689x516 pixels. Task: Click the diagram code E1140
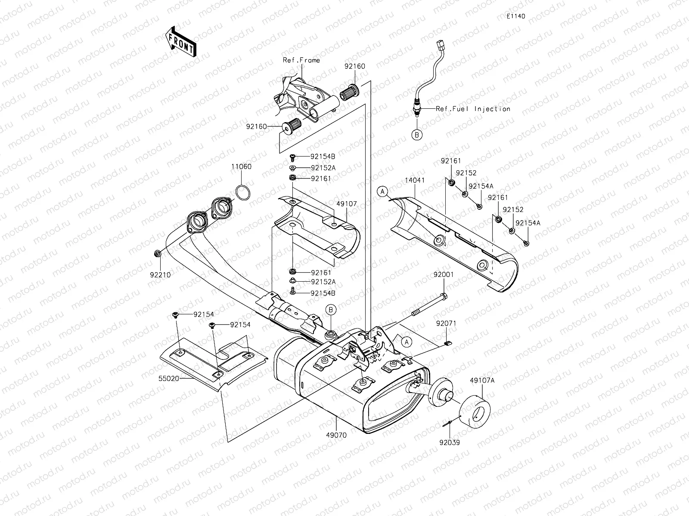pyautogui.click(x=516, y=16)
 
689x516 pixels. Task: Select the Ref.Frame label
pyautogui.click(x=301, y=60)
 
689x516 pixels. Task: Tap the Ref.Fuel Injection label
pyautogui.click(x=473, y=109)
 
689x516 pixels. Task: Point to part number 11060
pyautogui.click(x=242, y=167)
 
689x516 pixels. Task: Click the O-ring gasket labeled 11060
pyautogui.click(x=243, y=193)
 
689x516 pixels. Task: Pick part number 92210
pyautogui.click(x=160, y=275)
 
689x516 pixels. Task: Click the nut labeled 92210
pyautogui.click(x=158, y=253)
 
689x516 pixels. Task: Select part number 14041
pyautogui.click(x=415, y=181)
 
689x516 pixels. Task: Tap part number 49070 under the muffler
pyautogui.click(x=336, y=435)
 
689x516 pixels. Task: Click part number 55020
pyautogui.click(x=168, y=378)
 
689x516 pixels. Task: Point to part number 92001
pyautogui.click(x=444, y=274)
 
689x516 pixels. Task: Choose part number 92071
pyautogui.click(x=446, y=323)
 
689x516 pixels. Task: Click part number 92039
pyautogui.click(x=450, y=443)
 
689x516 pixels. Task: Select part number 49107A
pyautogui.click(x=482, y=381)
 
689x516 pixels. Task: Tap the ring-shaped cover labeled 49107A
pyautogui.click(x=475, y=412)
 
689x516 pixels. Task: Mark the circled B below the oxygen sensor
pyautogui.click(x=417, y=135)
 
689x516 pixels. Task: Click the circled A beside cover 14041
pyautogui.click(x=382, y=191)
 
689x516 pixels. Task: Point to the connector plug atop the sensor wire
pyautogui.click(x=441, y=45)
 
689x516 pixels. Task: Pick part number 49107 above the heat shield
pyautogui.click(x=347, y=204)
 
